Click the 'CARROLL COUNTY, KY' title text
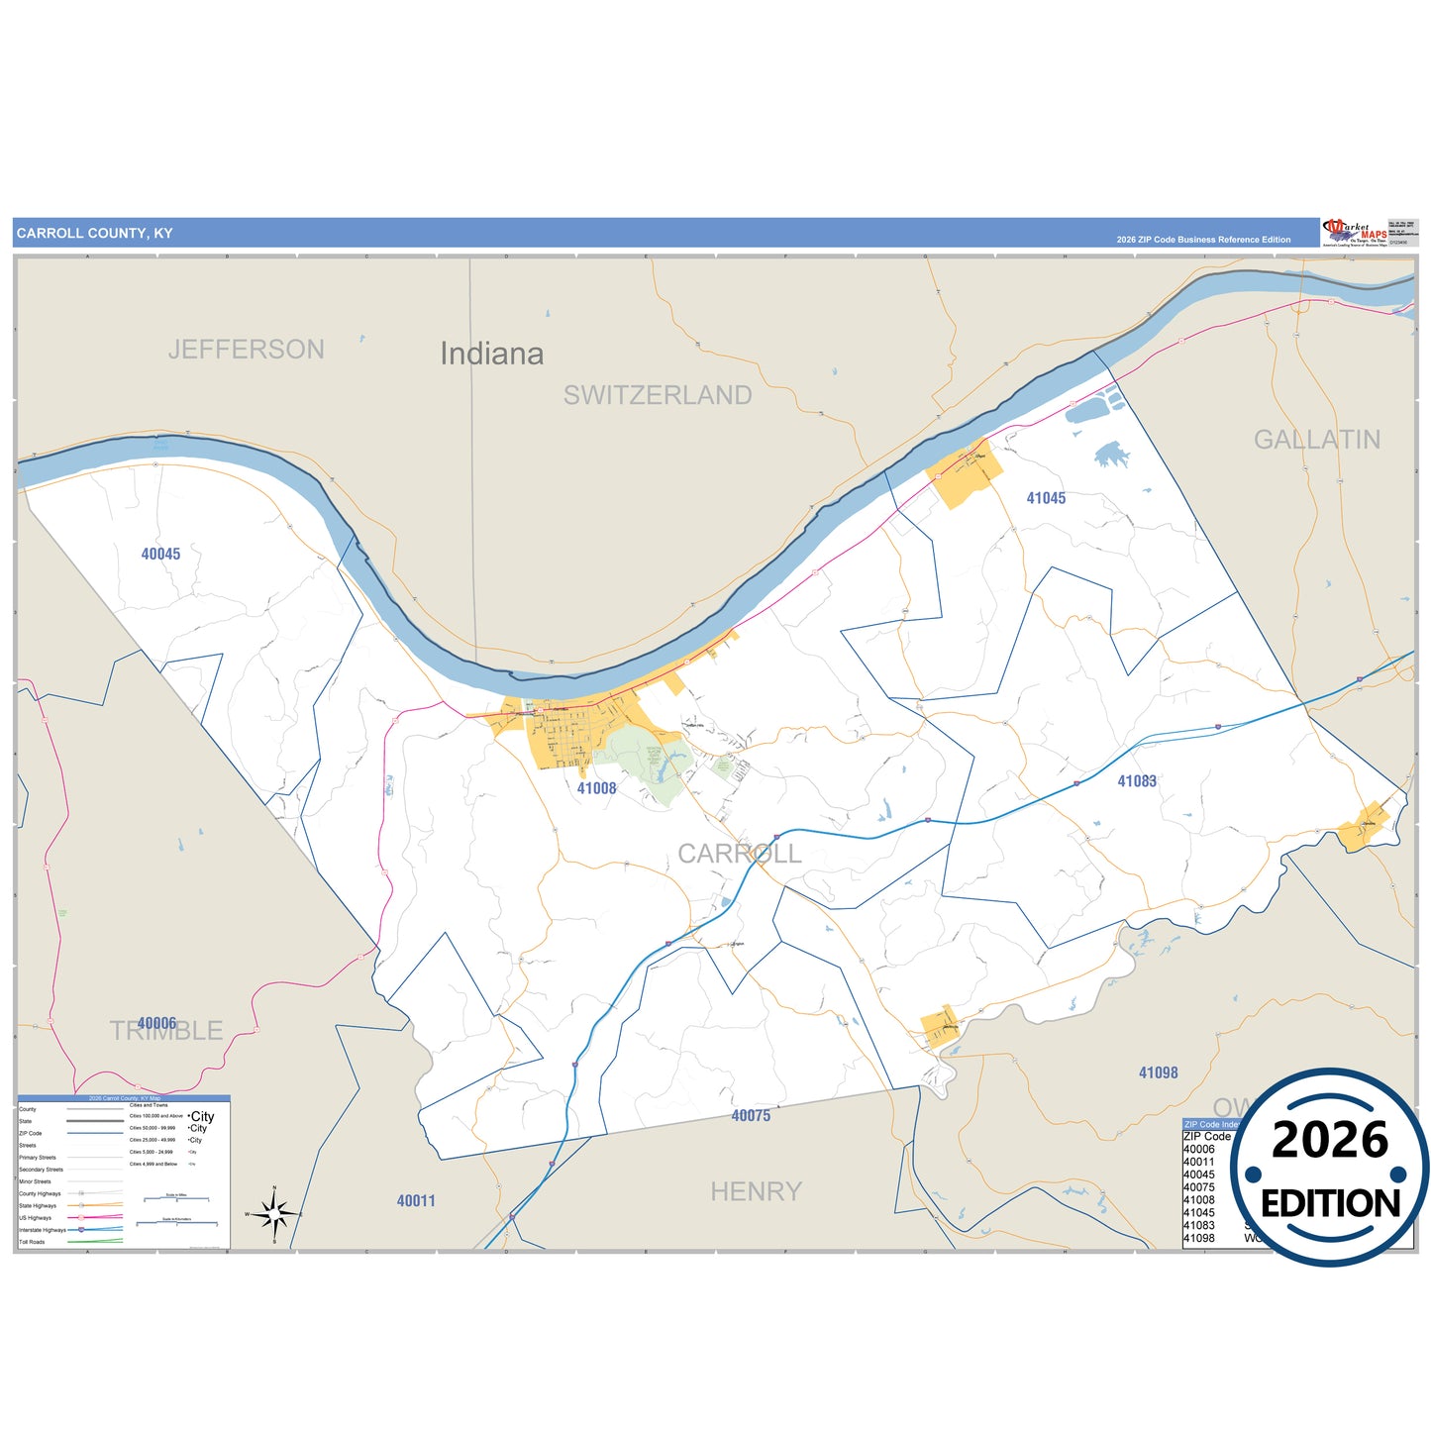(94, 234)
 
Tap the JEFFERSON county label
(246, 350)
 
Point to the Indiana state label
(491, 354)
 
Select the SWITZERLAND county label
(658, 395)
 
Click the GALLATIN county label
(1316, 440)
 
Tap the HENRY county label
(756, 1191)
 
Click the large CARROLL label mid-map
(739, 854)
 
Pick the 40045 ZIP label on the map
(160, 555)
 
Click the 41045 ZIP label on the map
(1046, 498)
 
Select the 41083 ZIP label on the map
(1137, 781)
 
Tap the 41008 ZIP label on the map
(596, 788)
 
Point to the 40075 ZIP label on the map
(751, 1116)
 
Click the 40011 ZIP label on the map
(416, 1201)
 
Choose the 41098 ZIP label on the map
(1158, 1073)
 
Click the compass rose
(274, 1212)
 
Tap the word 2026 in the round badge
(1329, 1140)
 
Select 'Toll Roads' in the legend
(32, 1242)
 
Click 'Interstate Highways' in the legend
(42, 1230)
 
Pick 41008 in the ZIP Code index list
(1198, 1200)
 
